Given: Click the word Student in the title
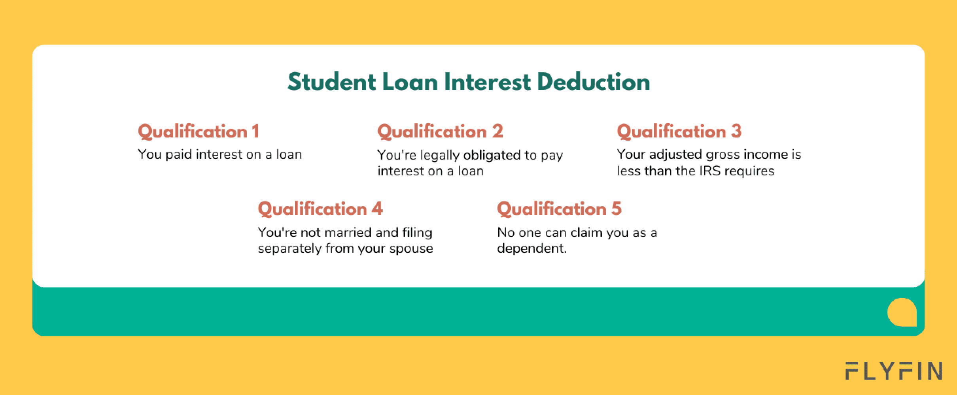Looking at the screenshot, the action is pos(331,82).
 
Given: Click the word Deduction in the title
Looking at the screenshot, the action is pos(594,82).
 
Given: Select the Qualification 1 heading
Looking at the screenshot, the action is pos(199,132).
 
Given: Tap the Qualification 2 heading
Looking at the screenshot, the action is pos(440,132).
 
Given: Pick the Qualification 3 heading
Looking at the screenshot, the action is pos(679,132).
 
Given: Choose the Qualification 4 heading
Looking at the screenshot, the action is pos(320,209).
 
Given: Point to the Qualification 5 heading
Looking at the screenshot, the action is pos(559,209).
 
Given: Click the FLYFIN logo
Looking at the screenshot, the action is pos(894,371).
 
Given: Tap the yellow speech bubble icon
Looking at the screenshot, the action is pos(902,312).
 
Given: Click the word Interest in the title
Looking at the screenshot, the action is pos(488,82).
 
